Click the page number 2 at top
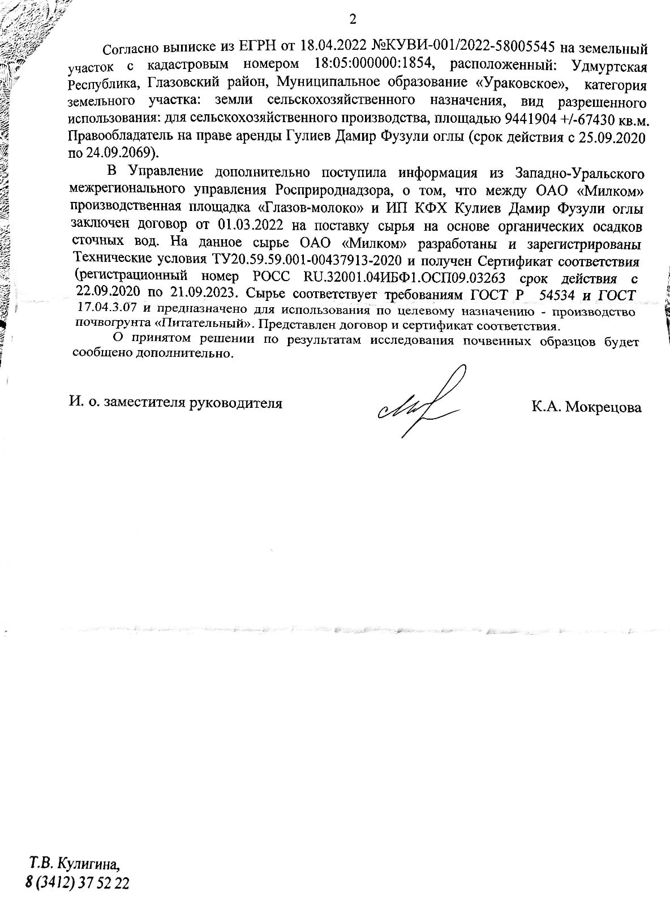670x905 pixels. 353,20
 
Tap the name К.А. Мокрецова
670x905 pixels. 586,407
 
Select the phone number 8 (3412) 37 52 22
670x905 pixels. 77,883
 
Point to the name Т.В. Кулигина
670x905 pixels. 75,864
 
